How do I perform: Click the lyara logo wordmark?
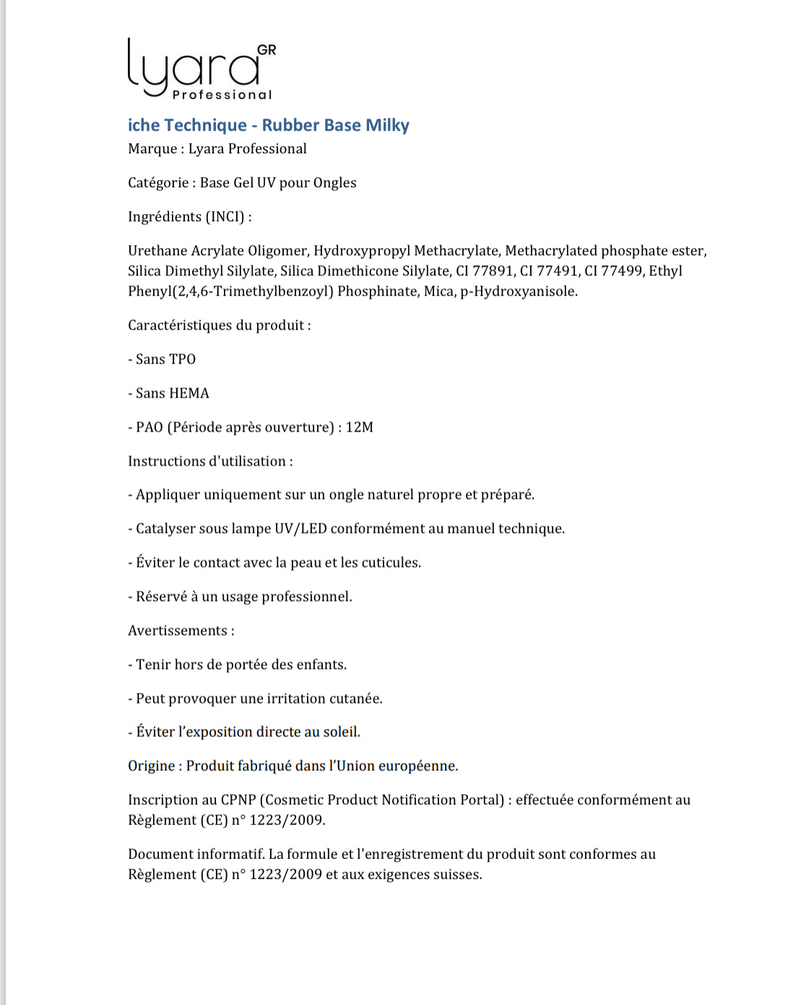click(194, 69)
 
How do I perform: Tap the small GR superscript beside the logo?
click(267, 50)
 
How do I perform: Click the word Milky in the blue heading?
click(387, 125)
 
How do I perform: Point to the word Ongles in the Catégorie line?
click(335, 183)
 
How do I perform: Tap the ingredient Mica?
click(438, 291)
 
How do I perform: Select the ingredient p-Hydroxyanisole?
click(519, 291)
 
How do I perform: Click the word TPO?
click(183, 359)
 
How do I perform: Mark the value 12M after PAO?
click(360, 427)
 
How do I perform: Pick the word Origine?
click(152, 766)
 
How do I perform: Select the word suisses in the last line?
click(457, 874)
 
